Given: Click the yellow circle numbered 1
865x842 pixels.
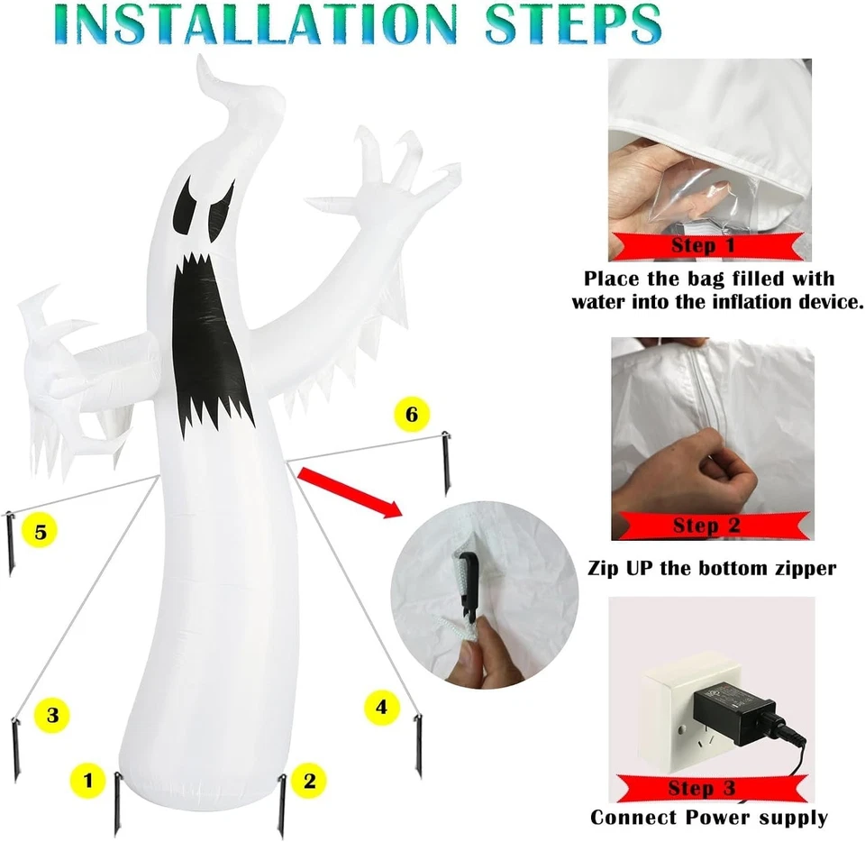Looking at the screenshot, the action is (x=88, y=780).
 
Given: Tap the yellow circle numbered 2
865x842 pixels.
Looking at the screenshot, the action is (x=309, y=780).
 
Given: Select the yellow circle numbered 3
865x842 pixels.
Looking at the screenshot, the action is (x=52, y=715).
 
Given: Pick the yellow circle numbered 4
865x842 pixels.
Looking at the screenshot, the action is (x=382, y=707).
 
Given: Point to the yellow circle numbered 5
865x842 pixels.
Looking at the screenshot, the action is (x=40, y=531).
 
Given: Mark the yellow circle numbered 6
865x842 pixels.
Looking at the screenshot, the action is (x=412, y=414).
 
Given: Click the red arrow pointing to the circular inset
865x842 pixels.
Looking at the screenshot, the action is (x=350, y=492).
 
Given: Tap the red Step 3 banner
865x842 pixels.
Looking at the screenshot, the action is (x=711, y=788).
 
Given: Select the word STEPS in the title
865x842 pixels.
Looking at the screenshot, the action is (x=573, y=24).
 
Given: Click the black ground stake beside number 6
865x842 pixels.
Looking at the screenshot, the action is (x=446, y=463).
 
